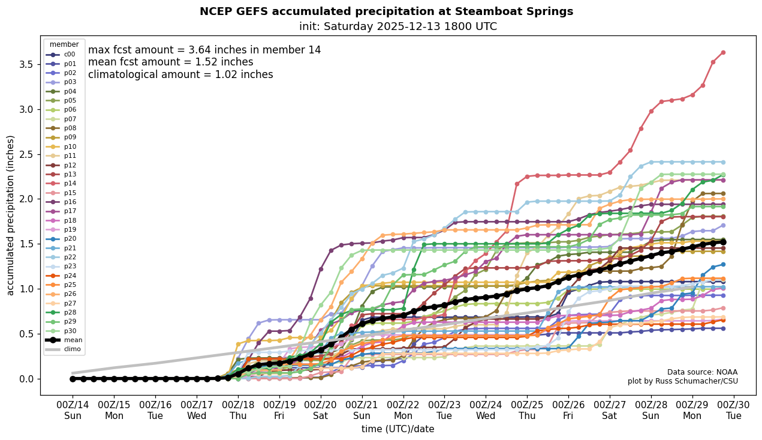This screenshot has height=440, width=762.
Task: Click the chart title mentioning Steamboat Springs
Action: pos(386,11)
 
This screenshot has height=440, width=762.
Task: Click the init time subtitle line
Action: pos(398,26)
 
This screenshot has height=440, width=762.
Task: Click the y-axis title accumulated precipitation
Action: pos(11,215)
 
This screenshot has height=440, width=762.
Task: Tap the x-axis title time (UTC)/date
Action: pos(397,429)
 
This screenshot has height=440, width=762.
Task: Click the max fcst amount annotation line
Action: pos(204,50)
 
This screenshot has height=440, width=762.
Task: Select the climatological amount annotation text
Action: pos(180,75)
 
